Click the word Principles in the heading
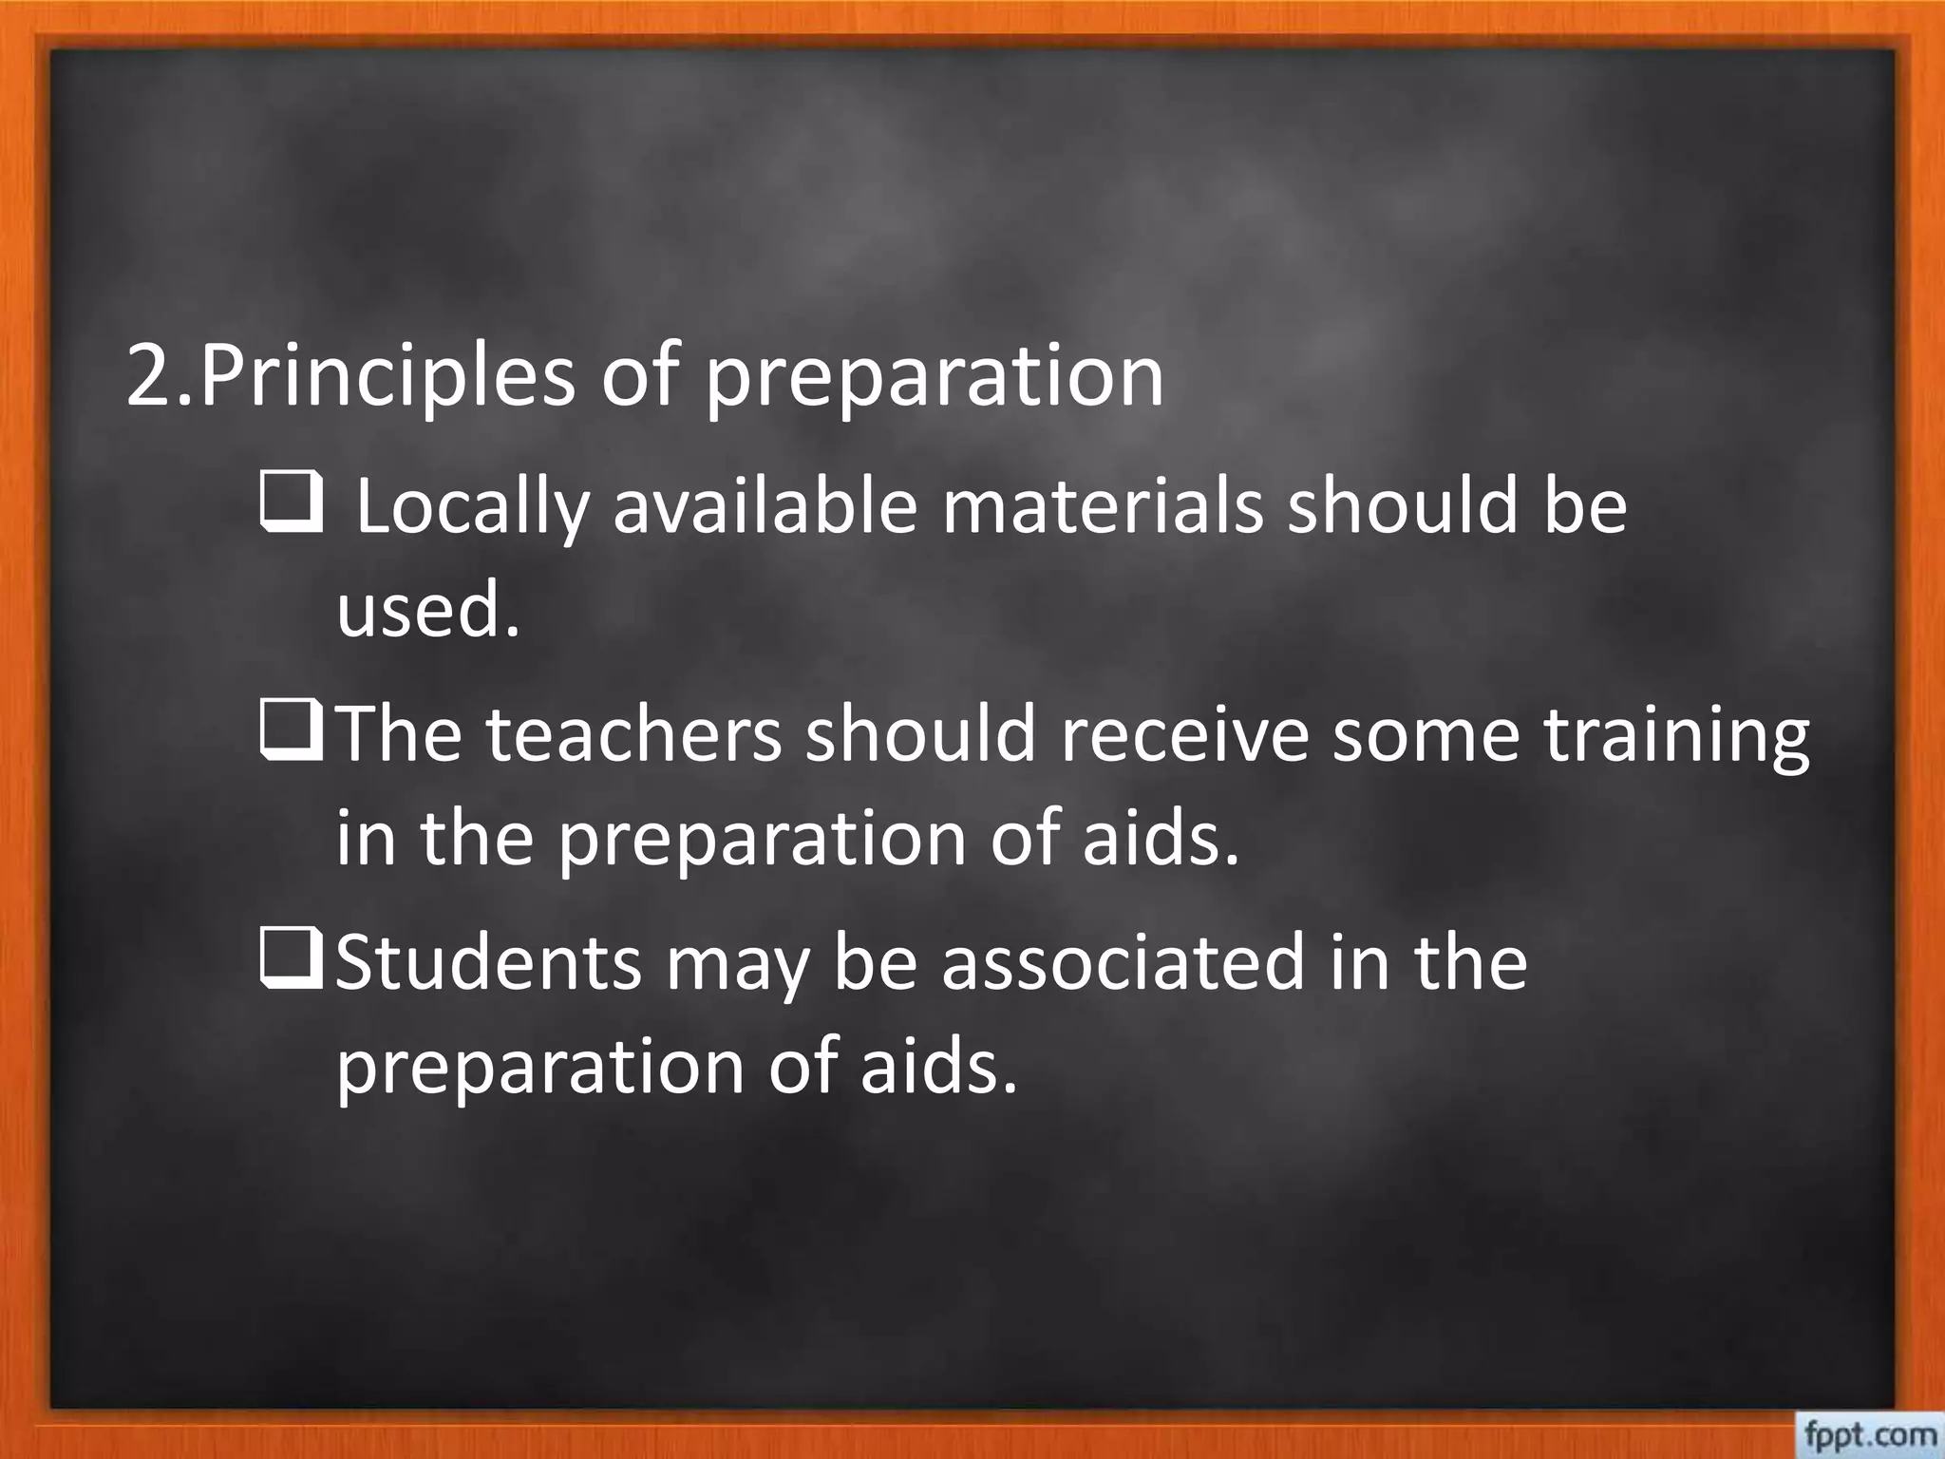click(387, 376)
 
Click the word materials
click(1103, 506)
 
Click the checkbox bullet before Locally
click(290, 506)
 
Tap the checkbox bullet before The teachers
click(290, 734)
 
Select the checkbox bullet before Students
click(290, 962)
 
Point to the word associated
click(1124, 962)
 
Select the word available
click(765, 506)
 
